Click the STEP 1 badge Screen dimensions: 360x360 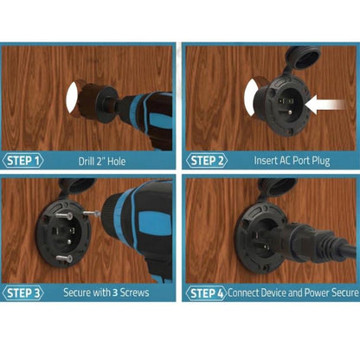(x=22, y=161)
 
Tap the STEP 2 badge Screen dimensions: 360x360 (x=207, y=161)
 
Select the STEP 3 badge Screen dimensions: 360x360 (x=22, y=292)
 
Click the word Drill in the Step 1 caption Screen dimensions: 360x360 (x=86, y=161)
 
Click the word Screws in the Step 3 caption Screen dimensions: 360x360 (x=134, y=292)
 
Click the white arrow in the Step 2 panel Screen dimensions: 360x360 (x=325, y=105)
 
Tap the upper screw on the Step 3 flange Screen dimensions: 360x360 (x=64, y=215)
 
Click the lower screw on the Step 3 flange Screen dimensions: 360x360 (x=64, y=258)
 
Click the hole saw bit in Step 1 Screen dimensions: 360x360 (x=87, y=100)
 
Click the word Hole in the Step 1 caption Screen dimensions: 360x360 (x=117, y=161)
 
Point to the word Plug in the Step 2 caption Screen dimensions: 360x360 (x=321, y=161)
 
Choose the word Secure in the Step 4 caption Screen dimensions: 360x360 (x=344, y=292)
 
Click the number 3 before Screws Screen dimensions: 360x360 (x=115, y=292)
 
